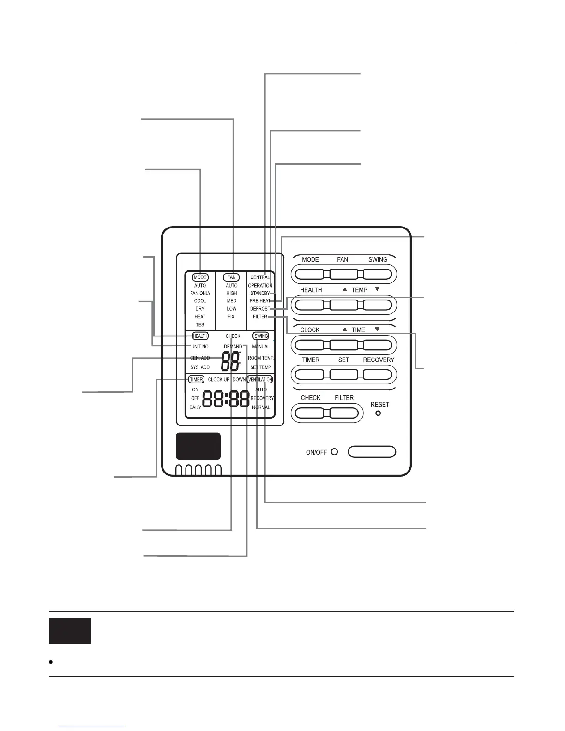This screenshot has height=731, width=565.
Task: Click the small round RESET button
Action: (x=378, y=413)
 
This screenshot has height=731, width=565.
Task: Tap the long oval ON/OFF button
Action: (x=372, y=451)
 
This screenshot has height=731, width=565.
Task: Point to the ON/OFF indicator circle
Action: (x=334, y=452)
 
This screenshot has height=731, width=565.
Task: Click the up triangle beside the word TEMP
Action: (x=345, y=289)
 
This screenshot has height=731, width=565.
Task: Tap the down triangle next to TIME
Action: (x=377, y=329)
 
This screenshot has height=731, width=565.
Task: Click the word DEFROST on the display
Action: (x=260, y=309)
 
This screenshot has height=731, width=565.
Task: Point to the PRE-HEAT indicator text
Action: (x=260, y=301)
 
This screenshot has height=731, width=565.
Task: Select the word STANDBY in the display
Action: (x=260, y=293)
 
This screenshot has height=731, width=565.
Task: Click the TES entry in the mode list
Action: (x=200, y=324)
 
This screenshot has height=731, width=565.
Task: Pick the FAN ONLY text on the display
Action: (x=200, y=293)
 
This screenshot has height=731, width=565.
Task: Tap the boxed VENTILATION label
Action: (x=260, y=379)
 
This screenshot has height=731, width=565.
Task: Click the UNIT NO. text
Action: (x=200, y=347)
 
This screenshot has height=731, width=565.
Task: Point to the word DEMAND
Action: (x=233, y=347)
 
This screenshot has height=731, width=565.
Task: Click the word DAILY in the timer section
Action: (x=195, y=407)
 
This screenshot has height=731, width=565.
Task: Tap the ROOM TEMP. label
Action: (x=261, y=358)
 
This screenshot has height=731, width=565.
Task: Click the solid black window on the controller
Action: (x=198, y=446)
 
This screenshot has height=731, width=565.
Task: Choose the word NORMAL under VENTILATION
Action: (x=261, y=407)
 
